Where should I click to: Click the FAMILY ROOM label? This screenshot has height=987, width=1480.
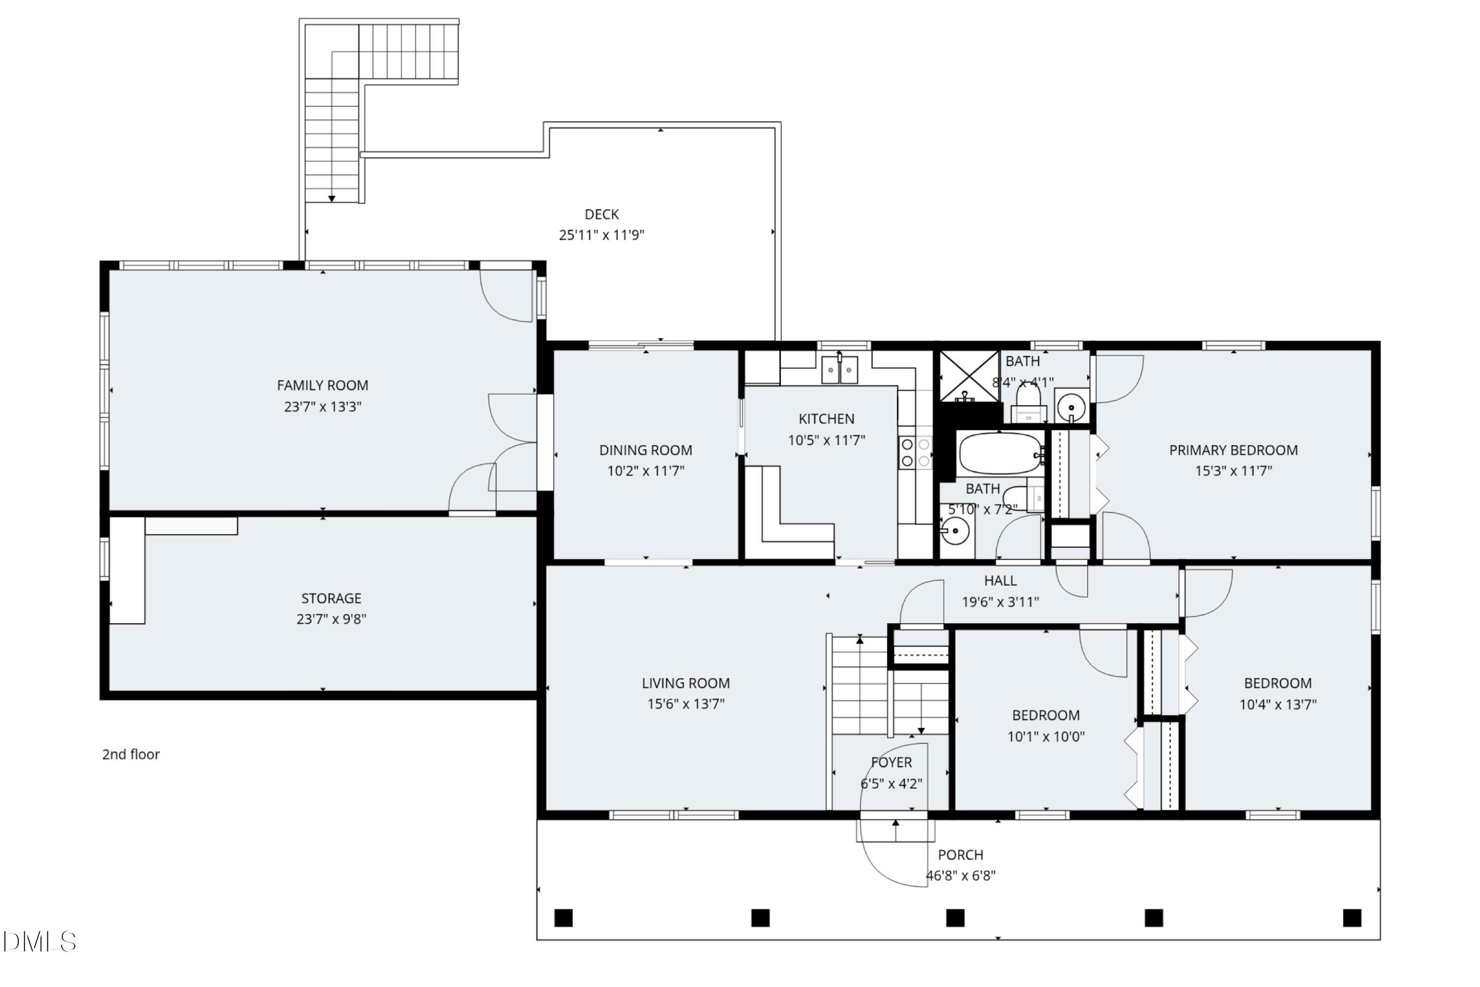[x=322, y=385]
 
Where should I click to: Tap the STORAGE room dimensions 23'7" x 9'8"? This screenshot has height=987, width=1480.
[x=331, y=619]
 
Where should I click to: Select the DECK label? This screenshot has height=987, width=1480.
[x=601, y=214]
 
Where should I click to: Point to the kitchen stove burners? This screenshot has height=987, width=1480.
[x=916, y=453]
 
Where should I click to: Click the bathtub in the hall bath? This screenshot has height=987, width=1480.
[x=1000, y=453]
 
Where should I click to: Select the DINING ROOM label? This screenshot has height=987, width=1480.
[x=646, y=450]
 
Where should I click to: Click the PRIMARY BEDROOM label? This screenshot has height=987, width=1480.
[x=1233, y=450]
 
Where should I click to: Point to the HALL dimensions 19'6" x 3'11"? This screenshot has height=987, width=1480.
[x=1000, y=602]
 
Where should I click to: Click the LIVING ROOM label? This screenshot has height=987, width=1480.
[x=686, y=683]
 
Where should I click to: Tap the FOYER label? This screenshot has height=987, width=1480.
[x=891, y=762]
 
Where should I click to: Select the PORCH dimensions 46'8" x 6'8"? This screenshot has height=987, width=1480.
[x=960, y=875]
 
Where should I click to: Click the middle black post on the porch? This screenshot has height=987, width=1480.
[x=955, y=918]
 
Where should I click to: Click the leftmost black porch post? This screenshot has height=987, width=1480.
[x=563, y=918]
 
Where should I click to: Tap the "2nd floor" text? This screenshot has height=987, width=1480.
[x=131, y=754]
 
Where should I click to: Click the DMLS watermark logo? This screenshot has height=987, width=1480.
[x=39, y=942]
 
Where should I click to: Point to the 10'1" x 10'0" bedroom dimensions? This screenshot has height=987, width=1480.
[x=1046, y=736]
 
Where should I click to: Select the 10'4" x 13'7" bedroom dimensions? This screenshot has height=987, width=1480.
[x=1277, y=704]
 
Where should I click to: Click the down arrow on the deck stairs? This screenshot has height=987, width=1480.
[x=332, y=198]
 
